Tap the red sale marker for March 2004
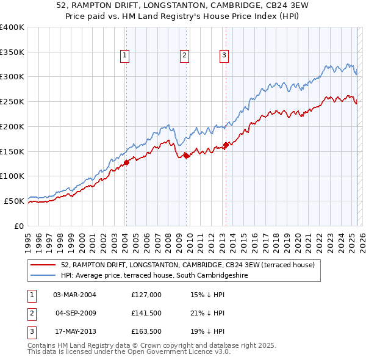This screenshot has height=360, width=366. click(x=127, y=162)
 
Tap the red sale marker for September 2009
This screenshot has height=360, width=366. click(x=186, y=155)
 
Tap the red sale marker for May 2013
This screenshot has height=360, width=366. click(x=226, y=145)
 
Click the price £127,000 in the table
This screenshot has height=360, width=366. click(x=146, y=294)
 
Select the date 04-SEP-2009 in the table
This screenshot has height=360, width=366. click(x=76, y=313)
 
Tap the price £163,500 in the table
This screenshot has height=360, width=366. click(x=146, y=332)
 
